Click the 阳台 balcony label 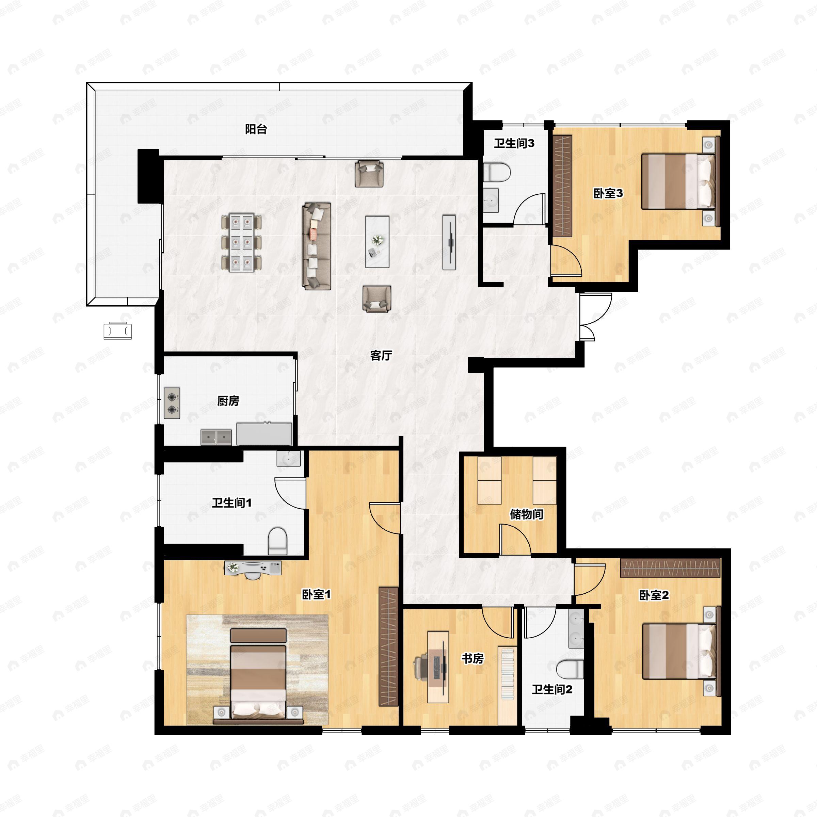click(x=256, y=129)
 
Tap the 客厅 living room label click(x=381, y=356)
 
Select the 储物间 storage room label click(x=526, y=514)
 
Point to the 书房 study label click(x=472, y=658)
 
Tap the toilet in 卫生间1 click(x=278, y=541)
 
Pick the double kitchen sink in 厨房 click(x=216, y=437)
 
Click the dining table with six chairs click(x=241, y=243)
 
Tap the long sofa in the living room click(x=316, y=246)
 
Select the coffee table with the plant click(x=377, y=242)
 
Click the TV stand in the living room click(x=449, y=242)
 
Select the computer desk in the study click(x=438, y=667)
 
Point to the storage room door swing click(x=515, y=539)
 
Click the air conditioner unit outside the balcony click(x=117, y=331)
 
